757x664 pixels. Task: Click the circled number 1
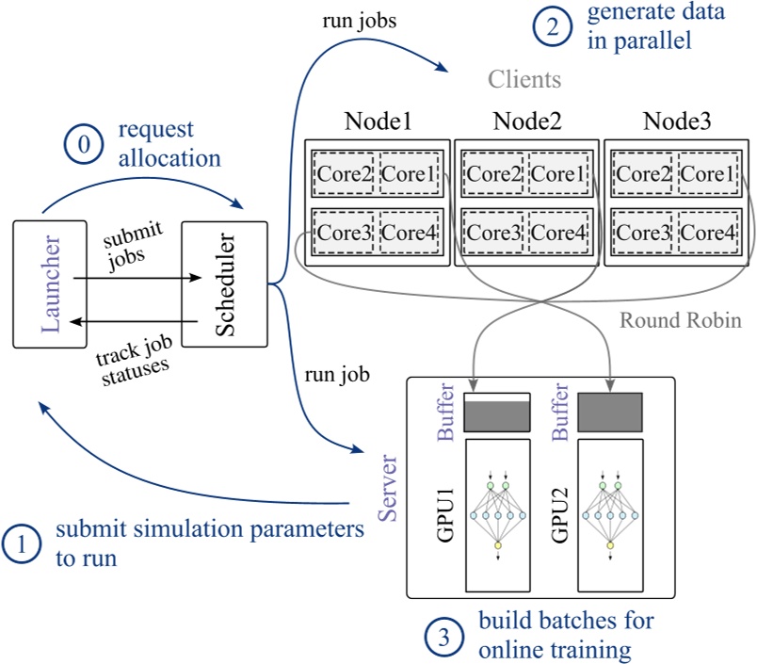[23, 544]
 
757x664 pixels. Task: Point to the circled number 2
[551, 28]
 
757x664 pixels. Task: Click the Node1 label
[378, 121]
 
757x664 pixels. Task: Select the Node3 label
[676, 121]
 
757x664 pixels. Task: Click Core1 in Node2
[558, 173]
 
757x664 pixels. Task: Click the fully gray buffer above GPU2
[610, 411]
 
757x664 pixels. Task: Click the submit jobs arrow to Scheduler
[137, 278]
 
